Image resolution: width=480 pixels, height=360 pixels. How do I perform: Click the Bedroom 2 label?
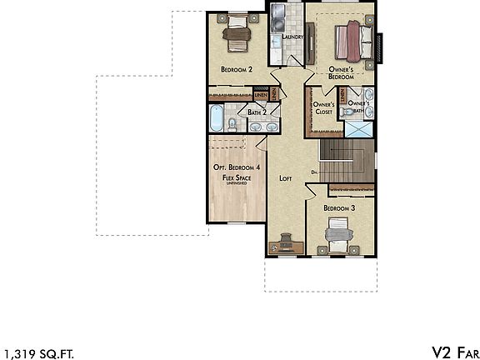pyautogui.click(x=237, y=69)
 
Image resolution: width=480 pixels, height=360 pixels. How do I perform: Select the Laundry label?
pyautogui.click(x=292, y=37)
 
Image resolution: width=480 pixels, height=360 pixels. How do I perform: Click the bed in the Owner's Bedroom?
pyautogui.click(x=350, y=37)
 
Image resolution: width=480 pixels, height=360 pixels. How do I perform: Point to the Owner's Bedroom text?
pyautogui.click(x=340, y=72)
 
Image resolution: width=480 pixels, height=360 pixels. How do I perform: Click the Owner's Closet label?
pyautogui.click(x=323, y=108)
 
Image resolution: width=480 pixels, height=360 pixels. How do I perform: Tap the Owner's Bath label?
pyautogui.click(x=358, y=106)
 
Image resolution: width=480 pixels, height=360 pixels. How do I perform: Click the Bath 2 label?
pyautogui.click(x=257, y=112)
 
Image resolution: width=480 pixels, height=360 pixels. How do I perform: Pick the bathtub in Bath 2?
pyautogui.click(x=216, y=119)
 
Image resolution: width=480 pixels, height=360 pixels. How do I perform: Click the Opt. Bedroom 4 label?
pyautogui.click(x=237, y=167)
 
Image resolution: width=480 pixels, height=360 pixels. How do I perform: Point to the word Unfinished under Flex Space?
pyautogui.click(x=237, y=184)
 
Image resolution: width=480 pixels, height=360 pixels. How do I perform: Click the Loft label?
pyautogui.click(x=286, y=177)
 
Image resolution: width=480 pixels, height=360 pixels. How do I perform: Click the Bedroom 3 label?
pyautogui.click(x=340, y=207)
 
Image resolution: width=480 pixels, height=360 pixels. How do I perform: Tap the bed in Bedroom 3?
pyautogui.click(x=339, y=233)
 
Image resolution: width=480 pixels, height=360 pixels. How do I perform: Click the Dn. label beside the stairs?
pyautogui.click(x=315, y=172)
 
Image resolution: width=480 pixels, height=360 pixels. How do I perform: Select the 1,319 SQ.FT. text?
pyautogui.click(x=33, y=351)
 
